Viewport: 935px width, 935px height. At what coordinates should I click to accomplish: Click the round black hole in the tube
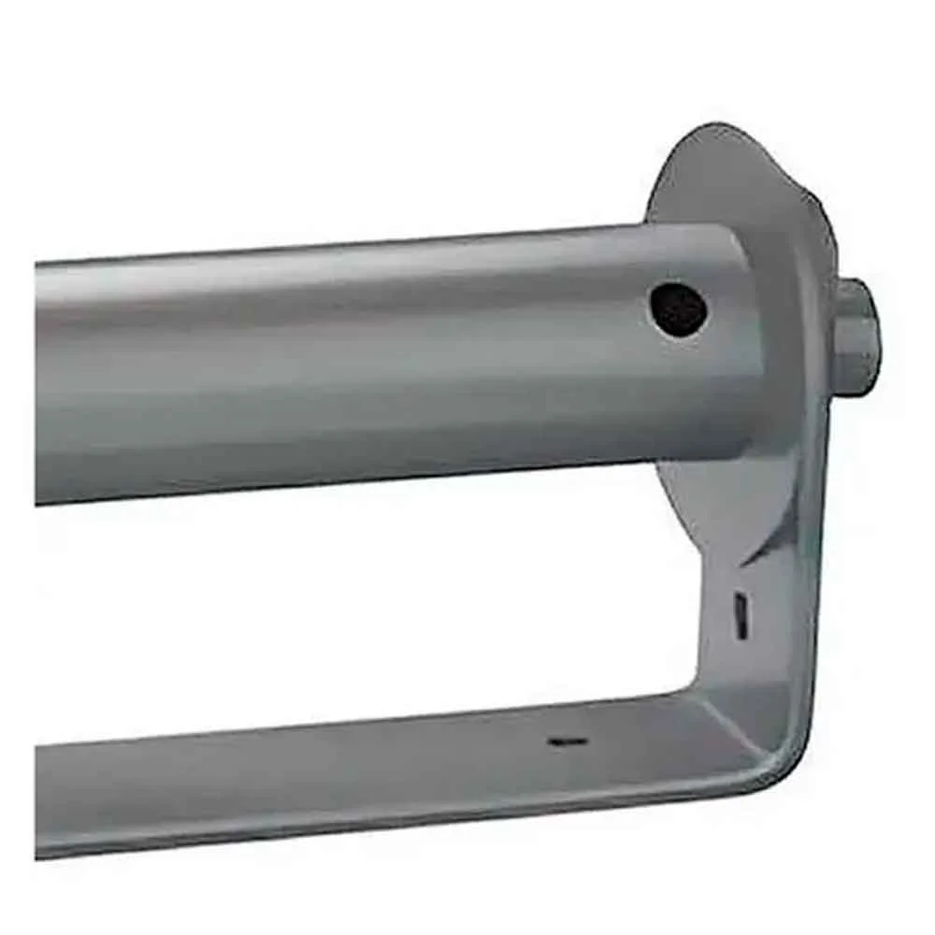coord(678,310)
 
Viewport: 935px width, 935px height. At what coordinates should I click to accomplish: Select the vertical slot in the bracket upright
coord(740,616)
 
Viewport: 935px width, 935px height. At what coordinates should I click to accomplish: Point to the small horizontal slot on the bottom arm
coord(568,741)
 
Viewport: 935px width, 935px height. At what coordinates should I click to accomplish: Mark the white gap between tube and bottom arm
coord(374,608)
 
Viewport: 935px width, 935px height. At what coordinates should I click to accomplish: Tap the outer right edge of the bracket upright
coord(822,561)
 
